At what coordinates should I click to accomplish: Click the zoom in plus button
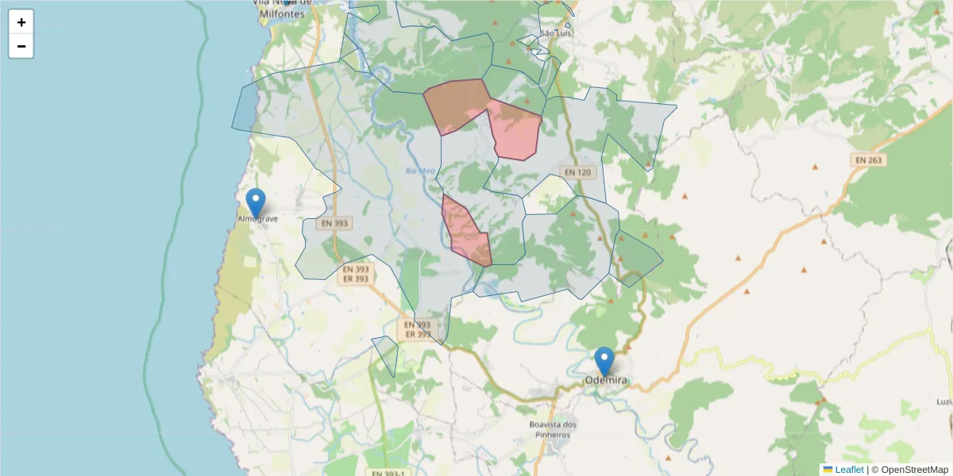(x=21, y=22)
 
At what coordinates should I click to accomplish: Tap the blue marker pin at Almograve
(x=255, y=202)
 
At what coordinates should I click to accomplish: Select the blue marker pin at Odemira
(x=604, y=361)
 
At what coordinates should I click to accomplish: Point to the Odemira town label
(x=606, y=381)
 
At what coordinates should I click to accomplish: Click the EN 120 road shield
(x=579, y=172)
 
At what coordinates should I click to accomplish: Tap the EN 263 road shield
(x=870, y=160)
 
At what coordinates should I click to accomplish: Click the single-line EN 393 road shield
(x=334, y=224)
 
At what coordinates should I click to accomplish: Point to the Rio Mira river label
(x=419, y=171)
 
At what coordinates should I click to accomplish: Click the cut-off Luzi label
(x=944, y=402)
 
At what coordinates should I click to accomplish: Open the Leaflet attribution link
(x=848, y=470)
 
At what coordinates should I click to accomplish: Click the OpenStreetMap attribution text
(x=914, y=470)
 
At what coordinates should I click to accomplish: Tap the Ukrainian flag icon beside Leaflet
(x=828, y=470)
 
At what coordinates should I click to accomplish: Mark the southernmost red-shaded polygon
(x=467, y=232)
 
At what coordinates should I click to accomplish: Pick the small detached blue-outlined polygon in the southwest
(x=386, y=351)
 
